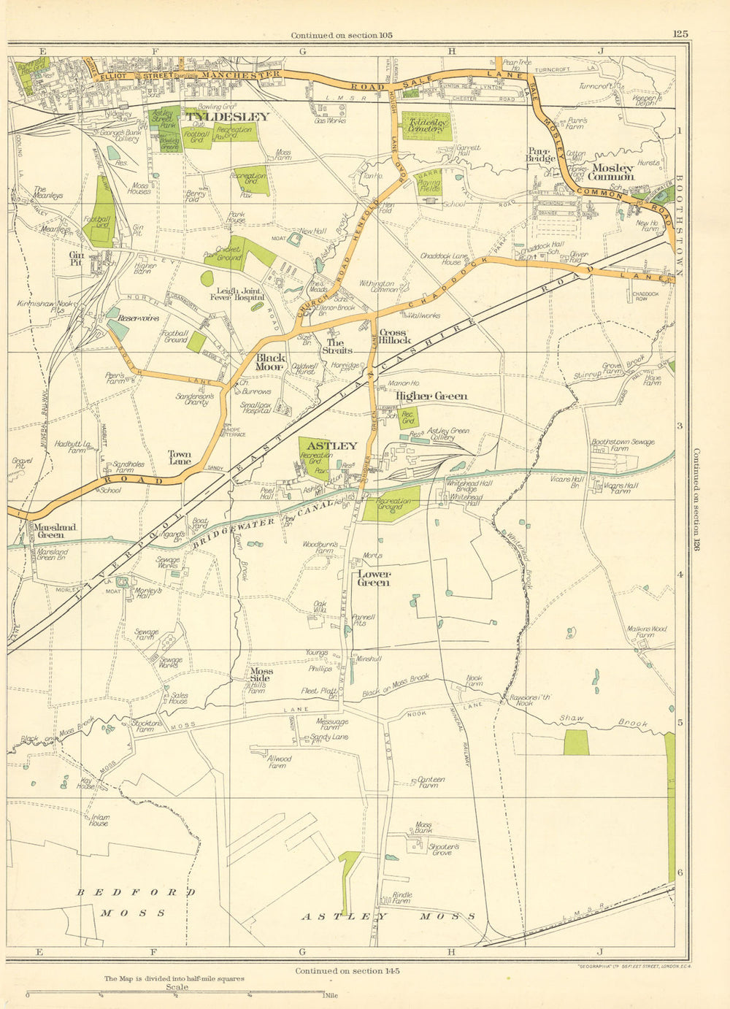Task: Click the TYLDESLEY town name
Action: tap(228, 116)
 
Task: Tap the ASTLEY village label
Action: tap(332, 445)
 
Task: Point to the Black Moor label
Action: tap(270, 362)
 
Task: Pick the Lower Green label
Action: tap(373, 578)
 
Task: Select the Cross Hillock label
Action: tap(395, 337)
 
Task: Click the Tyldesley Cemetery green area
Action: tap(426, 126)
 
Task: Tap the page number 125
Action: tap(680, 34)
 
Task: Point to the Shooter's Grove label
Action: tap(445, 849)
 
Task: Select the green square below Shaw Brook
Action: tap(576, 742)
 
